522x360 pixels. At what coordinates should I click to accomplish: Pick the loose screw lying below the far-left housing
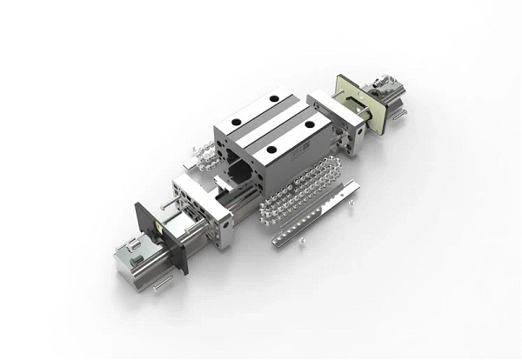[162, 282]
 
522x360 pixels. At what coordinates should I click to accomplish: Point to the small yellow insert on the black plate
[157, 230]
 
